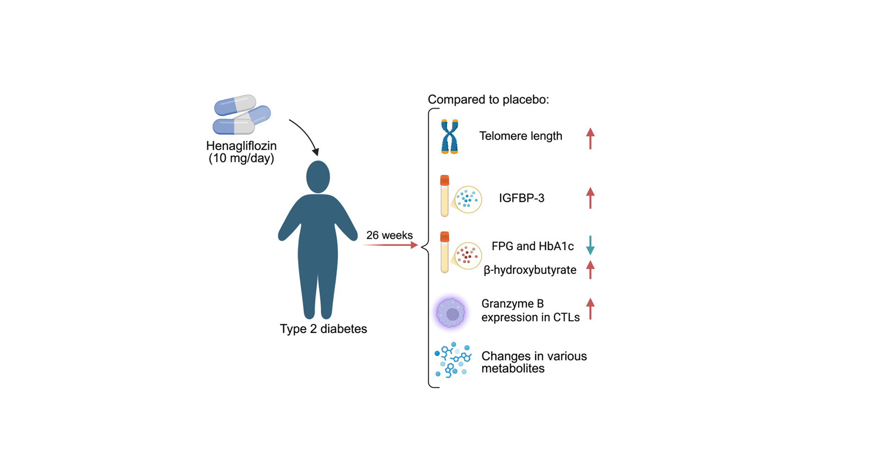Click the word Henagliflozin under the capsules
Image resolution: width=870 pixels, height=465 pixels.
pos(241,146)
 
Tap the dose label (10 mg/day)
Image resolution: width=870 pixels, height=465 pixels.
pos(241,158)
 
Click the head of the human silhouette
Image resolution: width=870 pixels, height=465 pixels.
pos(318,177)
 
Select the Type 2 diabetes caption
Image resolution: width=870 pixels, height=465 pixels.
pos(323,329)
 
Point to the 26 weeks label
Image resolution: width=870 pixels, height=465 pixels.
pos(389,235)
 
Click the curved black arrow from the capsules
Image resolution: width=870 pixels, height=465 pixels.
pos(305,135)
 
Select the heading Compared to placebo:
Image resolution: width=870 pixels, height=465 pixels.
pos(488,99)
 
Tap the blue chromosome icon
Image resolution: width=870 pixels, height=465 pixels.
pos(449,136)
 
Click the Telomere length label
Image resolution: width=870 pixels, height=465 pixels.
pos(520,136)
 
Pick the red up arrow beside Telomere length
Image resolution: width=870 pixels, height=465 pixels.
pos(590,138)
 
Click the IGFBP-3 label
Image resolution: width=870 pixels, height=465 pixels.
pos(521,198)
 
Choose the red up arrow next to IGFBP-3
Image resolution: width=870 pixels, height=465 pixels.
pos(590,198)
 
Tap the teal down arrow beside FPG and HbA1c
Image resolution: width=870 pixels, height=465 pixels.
pos(590,245)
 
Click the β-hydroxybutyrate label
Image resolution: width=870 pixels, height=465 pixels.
pos(530,270)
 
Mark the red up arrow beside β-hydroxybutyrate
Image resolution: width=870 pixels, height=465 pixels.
pos(590,269)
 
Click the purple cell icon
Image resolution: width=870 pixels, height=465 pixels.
pos(451,313)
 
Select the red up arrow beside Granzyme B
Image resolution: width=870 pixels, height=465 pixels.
pos(590,309)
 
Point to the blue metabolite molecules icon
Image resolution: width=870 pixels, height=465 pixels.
pos(453,360)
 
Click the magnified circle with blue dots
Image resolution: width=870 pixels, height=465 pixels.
pos(468,199)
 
